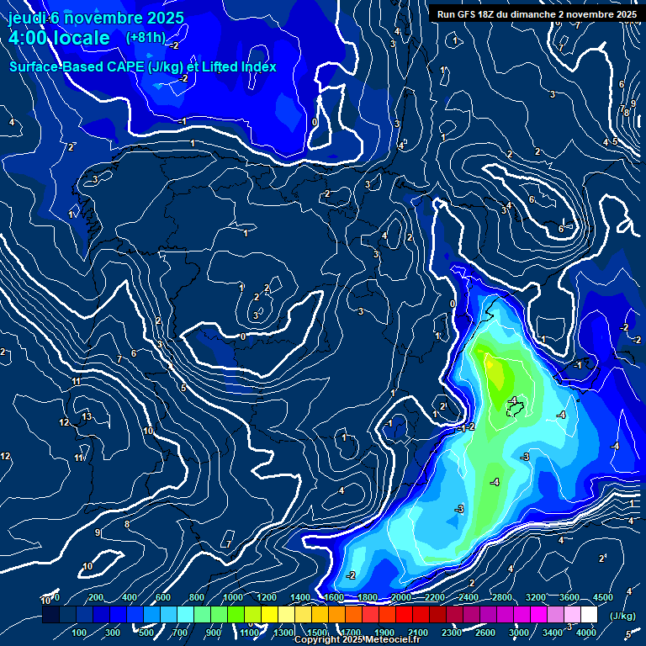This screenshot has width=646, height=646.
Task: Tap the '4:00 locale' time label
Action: (x=59, y=38)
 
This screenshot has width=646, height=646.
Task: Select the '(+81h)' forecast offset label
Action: (x=146, y=37)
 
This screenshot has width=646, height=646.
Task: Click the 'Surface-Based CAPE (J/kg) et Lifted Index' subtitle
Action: (x=143, y=66)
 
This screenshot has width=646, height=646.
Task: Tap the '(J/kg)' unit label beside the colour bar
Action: (x=622, y=616)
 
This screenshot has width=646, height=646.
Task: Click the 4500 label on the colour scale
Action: (x=603, y=597)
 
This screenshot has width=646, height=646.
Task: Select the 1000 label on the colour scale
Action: (x=233, y=597)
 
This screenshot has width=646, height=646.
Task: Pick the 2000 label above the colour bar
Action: (x=401, y=597)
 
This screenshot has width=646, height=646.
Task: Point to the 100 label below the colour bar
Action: (x=81, y=633)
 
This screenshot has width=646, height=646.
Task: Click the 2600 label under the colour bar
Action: (x=485, y=633)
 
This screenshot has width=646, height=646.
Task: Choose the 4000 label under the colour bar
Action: (x=586, y=633)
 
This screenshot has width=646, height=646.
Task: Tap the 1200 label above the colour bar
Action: (x=267, y=597)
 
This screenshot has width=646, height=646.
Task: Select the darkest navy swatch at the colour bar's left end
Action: (x=50, y=615)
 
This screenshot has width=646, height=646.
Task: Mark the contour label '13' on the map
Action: (x=87, y=416)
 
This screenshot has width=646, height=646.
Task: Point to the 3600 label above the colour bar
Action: (x=569, y=597)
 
